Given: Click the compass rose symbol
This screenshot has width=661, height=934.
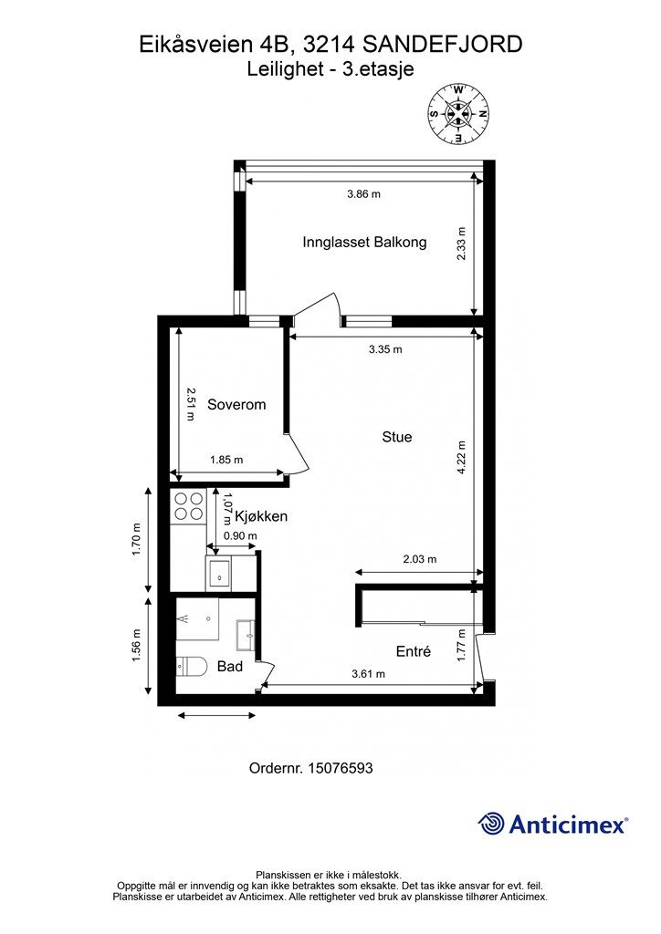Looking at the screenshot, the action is pyautogui.click(x=458, y=113).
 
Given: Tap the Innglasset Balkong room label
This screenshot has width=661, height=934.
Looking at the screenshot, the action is pyautogui.click(x=364, y=242).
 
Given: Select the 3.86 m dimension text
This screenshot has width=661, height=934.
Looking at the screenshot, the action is pyautogui.click(x=363, y=193).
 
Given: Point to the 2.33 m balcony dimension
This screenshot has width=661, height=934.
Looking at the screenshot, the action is pyautogui.click(x=461, y=244).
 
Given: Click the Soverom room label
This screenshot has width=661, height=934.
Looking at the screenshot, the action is pyautogui.click(x=236, y=404).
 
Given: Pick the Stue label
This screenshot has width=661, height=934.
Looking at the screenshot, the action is pyautogui.click(x=397, y=437).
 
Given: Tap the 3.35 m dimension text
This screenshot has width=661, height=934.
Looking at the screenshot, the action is pyautogui.click(x=385, y=349).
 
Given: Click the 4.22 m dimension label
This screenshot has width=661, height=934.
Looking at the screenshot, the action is pyautogui.click(x=461, y=458).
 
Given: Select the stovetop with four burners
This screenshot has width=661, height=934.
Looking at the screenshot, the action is pyautogui.click(x=188, y=506).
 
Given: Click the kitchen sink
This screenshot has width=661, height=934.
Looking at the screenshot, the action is pyautogui.click(x=221, y=574).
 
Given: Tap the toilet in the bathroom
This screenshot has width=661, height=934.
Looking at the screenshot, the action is pyautogui.click(x=191, y=666).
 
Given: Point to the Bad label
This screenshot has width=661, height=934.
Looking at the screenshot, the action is pyautogui.click(x=229, y=666).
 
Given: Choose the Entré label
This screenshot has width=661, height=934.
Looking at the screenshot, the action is pyautogui.click(x=413, y=651).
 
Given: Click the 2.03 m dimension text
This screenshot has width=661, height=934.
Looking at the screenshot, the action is pyautogui.click(x=420, y=559).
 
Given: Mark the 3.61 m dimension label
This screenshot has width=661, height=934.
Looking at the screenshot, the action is pyautogui.click(x=368, y=674).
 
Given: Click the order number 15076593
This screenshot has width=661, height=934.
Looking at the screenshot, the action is pyautogui.click(x=341, y=768).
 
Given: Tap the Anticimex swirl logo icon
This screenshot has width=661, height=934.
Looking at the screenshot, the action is pyautogui.click(x=491, y=825).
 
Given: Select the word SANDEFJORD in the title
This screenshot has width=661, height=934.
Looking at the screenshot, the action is pyautogui.click(x=443, y=44).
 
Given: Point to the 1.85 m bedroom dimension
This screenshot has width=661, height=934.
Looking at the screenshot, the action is pyautogui.click(x=226, y=460).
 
